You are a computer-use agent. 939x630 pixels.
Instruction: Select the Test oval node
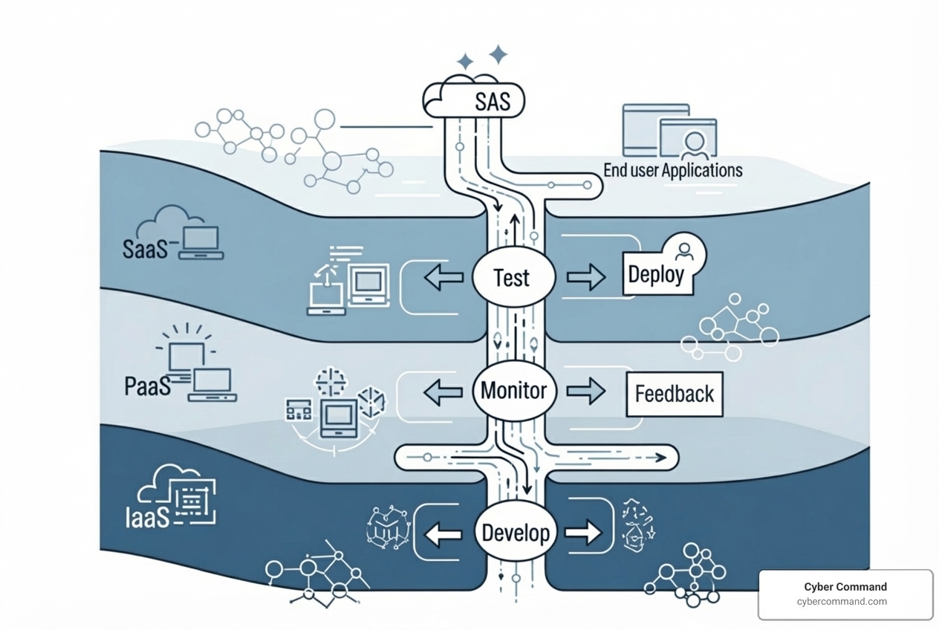513,278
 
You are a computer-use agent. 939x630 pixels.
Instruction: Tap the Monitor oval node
514,391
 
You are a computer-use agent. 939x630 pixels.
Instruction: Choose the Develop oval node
516,533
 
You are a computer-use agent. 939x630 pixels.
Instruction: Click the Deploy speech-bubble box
655,274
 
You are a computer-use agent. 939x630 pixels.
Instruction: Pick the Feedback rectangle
675,394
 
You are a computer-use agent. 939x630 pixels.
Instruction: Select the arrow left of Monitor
443,392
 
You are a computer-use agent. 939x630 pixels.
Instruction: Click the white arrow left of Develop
443,533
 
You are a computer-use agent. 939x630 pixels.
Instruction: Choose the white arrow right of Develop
583,533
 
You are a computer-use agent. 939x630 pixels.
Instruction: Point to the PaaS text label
147,386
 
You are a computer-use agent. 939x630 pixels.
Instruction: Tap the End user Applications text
672,170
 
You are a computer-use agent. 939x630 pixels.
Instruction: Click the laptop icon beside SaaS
201,243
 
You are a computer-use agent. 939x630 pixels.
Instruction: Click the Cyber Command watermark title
845,586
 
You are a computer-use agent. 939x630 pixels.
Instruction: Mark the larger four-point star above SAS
498,54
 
